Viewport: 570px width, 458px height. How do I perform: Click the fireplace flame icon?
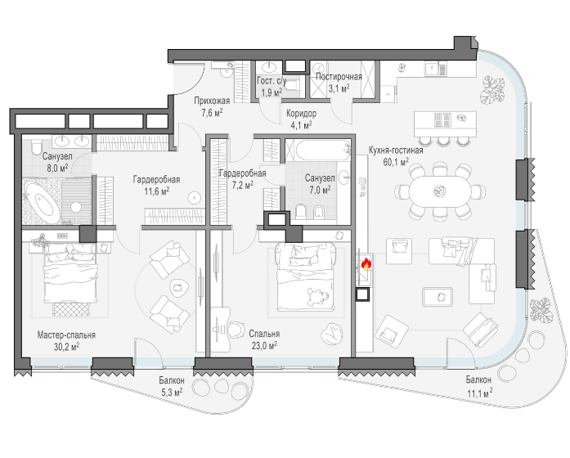(366, 263)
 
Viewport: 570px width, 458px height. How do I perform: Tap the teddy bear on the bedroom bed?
(317, 297)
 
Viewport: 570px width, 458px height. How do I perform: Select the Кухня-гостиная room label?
(396, 150)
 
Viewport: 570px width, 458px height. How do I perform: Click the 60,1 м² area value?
(396, 162)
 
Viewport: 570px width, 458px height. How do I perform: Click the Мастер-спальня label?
(66, 335)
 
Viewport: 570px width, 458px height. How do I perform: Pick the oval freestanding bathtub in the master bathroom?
(43, 203)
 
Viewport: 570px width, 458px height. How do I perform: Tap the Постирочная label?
(339, 77)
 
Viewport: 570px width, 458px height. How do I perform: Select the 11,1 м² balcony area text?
(480, 393)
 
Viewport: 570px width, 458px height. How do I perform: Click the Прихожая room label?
(212, 101)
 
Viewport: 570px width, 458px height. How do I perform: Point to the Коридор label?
(302, 114)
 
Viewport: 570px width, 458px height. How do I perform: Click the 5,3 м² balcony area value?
(171, 393)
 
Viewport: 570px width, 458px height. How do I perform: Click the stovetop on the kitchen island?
(442, 119)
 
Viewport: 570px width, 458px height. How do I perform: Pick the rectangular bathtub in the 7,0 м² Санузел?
(318, 150)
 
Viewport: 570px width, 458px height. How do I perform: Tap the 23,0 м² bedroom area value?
(264, 345)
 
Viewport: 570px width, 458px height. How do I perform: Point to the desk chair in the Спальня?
(236, 330)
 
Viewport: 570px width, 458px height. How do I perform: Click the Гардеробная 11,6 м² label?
(157, 185)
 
